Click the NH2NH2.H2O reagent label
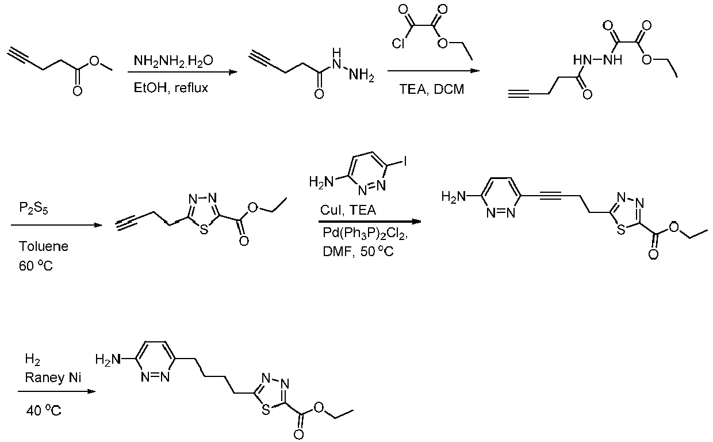tap(173, 60)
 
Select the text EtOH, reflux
tap(171, 87)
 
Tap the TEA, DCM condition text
tap(432, 89)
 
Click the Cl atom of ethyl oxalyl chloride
tap(398, 43)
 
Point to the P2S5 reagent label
tap(33, 208)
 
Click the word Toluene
tap(44, 246)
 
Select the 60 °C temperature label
tap(36, 266)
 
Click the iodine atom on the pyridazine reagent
tap(405, 161)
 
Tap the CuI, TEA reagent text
tap(348, 210)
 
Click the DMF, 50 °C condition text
tap(358, 252)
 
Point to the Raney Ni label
tap(53, 378)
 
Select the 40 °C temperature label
tap(44, 411)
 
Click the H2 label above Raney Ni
tap(32, 360)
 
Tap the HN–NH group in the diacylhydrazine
tap(597, 60)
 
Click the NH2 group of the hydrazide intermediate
tap(361, 75)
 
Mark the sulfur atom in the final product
tap(266, 410)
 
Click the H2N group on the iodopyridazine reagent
tap(321, 182)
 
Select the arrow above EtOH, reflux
tap(183, 72)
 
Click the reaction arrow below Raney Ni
tap(57, 391)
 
